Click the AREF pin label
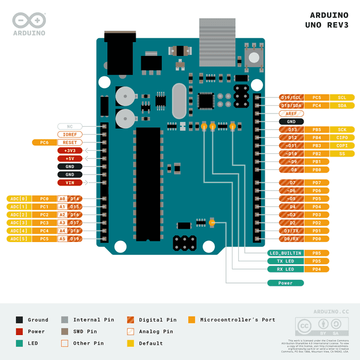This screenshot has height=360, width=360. coord(291,114)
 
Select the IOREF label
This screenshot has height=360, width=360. coord(70,135)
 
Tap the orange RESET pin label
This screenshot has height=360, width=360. coord(70,142)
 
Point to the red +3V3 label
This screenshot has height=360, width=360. coord(70,151)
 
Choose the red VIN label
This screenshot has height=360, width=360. coord(70,182)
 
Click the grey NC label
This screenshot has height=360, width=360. coord(70,126)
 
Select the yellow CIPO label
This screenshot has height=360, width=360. coord(342,137)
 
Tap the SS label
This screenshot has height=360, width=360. coord(342,153)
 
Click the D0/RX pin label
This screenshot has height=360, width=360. coord(291,239)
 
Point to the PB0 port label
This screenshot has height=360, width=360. coord(317,169)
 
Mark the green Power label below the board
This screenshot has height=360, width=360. coord(285,283)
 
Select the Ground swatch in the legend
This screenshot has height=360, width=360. coord(19,320)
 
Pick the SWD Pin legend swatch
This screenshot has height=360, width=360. coord(65,332)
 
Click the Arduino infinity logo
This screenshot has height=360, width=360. coord(29,20)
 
